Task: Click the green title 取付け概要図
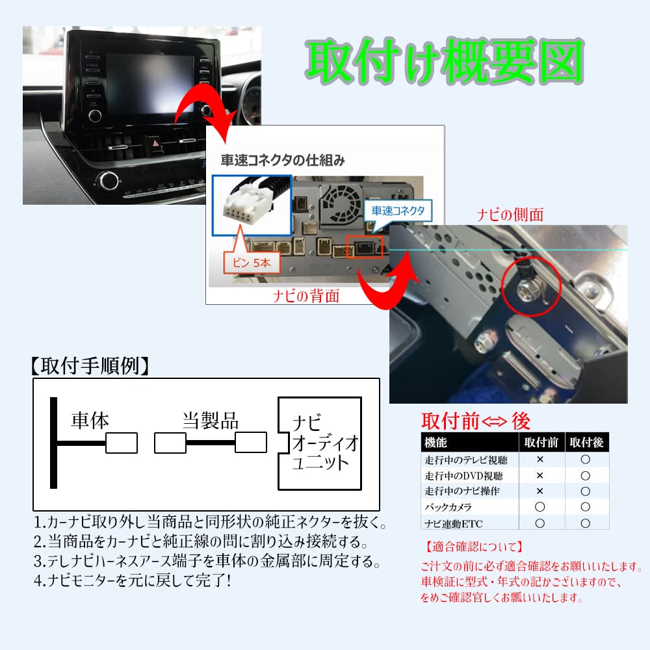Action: click(445, 61)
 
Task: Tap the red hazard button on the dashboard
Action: click(156, 144)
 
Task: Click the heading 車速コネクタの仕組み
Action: click(283, 160)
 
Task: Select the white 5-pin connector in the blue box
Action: click(248, 201)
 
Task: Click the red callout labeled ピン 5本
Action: click(252, 263)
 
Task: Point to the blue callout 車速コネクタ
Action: click(398, 211)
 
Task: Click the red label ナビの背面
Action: click(306, 296)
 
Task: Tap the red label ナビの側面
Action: click(510, 214)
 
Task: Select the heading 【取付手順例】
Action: click(90, 365)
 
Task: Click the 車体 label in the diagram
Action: click(90, 421)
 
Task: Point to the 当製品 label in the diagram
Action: click(210, 421)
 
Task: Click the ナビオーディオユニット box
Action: click(320, 443)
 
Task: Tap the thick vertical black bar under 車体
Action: click(53, 443)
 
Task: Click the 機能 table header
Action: click(435, 442)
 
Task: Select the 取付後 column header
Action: click(586, 442)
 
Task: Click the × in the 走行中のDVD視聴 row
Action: click(539, 476)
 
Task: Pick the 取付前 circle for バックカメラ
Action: click(539, 506)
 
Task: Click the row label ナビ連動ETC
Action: click(454, 523)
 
